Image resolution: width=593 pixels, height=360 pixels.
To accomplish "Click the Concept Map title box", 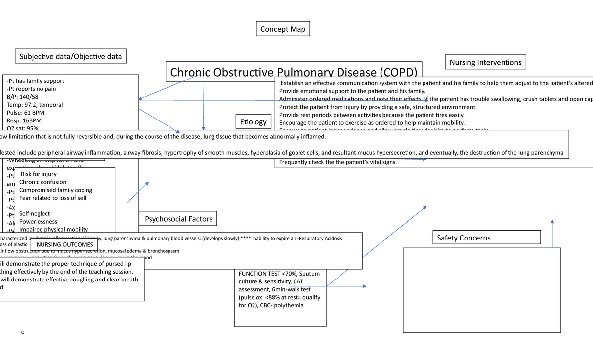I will (283, 29).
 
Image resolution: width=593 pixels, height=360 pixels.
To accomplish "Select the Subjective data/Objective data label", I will (70, 56).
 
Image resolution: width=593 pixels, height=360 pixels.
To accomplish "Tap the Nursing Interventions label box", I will (485, 62).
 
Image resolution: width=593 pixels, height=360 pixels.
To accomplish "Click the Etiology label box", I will (253, 121).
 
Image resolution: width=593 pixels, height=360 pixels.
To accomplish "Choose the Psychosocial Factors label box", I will (178, 219).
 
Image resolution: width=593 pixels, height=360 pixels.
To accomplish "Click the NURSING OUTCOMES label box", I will (65, 244).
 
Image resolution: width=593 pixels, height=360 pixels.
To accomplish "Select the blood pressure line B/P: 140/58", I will (24, 97).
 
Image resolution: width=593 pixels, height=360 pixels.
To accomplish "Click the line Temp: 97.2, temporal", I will (35, 105).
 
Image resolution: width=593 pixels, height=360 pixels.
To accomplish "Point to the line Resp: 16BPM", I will (24, 120).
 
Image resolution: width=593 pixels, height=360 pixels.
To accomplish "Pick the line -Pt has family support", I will (36, 81).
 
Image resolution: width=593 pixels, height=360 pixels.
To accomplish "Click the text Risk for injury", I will (39, 174).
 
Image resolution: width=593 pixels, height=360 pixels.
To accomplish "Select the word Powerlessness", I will (38, 222).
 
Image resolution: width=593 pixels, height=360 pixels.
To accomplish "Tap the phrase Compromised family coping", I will (56, 190).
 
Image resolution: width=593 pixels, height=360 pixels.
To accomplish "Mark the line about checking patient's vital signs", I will (338, 162).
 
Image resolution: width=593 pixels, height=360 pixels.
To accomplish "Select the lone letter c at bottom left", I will (22, 332).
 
